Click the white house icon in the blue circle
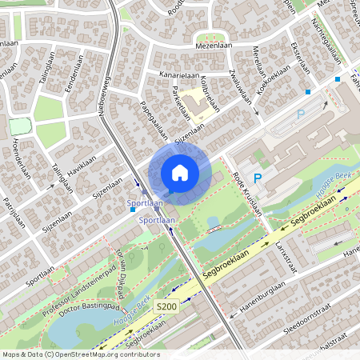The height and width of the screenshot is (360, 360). [x=180, y=172]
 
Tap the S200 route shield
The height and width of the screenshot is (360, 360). [x=166, y=306]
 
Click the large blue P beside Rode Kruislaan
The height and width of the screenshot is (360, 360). [x=258, y=178]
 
